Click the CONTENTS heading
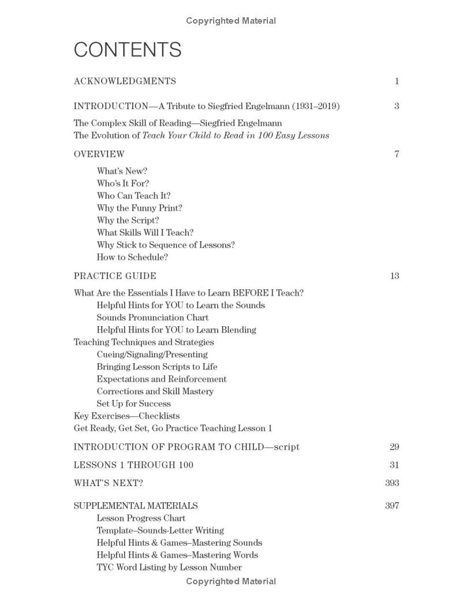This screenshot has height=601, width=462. tap(128, 50)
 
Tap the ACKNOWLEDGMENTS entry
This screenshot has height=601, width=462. tap(125, 81)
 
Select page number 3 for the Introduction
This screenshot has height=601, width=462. tap(397, 106)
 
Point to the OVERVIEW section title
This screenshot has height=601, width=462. tap(99, 154)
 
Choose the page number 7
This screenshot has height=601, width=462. tap(397, 154)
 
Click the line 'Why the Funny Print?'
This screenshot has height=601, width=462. tap(139, 208)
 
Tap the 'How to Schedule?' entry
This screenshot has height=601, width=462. tap(132, 257)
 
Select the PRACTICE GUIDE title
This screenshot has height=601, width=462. tap(115, 276)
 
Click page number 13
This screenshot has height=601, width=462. tap(394, 276)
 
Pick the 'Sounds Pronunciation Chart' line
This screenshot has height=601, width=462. tap(152, 318)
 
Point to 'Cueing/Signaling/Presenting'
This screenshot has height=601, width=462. tap(152, 354)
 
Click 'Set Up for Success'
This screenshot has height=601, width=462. tap(133, 404)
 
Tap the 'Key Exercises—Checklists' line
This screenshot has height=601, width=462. tap(126, 416)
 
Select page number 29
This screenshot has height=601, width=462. tap(394, 447)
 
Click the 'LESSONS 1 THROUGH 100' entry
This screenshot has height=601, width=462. tap(133, 465)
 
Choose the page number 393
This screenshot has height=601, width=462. tap(392, 483)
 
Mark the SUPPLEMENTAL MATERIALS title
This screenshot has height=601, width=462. tap(135, 506)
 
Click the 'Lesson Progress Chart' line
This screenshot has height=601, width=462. tap(141, 518)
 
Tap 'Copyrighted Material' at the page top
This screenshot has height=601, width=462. tap(231, 21)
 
